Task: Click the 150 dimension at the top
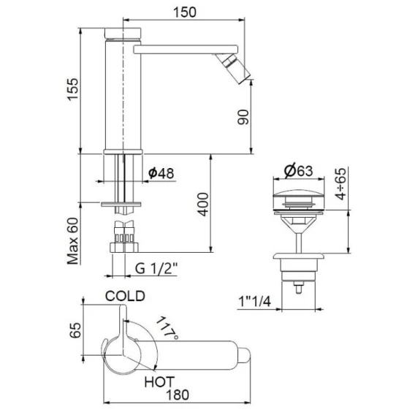pos(185,12)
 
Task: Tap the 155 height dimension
pos(73,89)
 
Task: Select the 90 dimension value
pos(243,117)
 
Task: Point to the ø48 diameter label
pos(161,173)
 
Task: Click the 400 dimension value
pos(203,205)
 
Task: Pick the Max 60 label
pos(73,241)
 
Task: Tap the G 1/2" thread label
pos(156,269)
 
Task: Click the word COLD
pos(125,296)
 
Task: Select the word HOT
pos(159,381)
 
